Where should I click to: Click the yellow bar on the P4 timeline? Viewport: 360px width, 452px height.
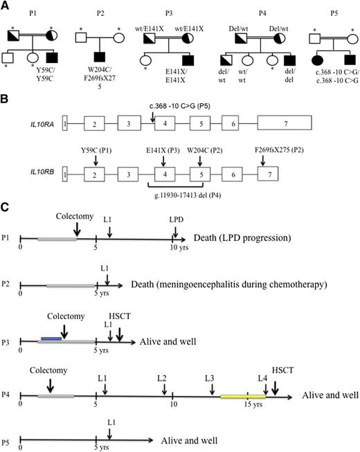point(242,397)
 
